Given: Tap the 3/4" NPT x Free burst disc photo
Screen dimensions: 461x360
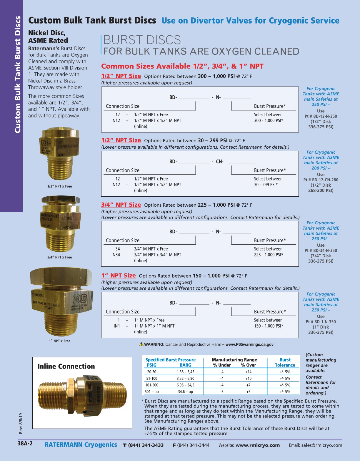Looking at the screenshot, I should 60,224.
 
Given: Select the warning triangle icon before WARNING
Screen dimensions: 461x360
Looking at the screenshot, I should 141,344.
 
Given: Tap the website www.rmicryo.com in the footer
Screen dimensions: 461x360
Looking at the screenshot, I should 258,445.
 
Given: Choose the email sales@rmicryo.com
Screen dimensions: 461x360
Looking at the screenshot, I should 322,445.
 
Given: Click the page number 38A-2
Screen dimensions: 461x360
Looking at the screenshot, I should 25,444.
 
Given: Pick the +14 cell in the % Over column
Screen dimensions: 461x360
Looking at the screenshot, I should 248,372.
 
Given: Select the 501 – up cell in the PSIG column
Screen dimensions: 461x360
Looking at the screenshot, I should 152,392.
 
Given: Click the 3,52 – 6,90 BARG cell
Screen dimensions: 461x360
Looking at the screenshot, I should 185,379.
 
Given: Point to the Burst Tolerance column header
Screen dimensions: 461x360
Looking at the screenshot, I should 285,362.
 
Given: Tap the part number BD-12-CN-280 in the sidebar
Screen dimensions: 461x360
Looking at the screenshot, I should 321,180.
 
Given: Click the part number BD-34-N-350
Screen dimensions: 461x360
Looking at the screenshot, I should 321,251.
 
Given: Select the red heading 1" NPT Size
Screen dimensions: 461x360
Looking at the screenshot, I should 119,276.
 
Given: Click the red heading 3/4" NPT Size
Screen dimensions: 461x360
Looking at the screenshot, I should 121,205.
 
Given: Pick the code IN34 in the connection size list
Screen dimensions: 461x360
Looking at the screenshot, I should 116,255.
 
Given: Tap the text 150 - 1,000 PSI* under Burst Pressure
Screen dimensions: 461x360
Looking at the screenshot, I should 269,326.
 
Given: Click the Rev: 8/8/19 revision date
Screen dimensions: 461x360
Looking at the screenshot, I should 21,424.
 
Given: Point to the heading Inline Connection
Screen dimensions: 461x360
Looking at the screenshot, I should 66,366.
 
